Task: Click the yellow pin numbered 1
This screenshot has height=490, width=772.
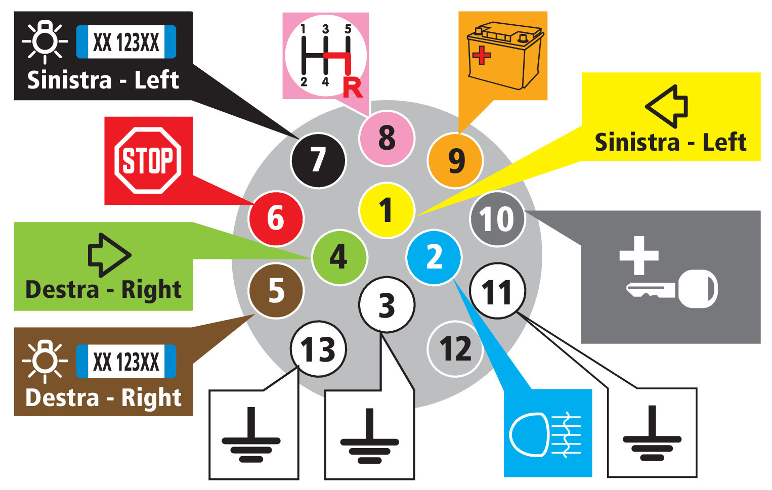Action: [x=387, y=210]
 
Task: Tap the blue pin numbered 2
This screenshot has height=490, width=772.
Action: [x=434, y=257]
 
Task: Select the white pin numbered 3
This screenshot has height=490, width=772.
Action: [x=387, y=305]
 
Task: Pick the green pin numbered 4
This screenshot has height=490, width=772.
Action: [x=339, y=257]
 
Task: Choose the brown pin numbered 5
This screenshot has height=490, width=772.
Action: [x=276, y=291]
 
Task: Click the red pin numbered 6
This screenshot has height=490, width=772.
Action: [x=276, y=218]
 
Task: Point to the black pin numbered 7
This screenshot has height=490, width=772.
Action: [x=318, y=160]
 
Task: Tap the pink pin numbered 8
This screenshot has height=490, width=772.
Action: [x=387, y=138]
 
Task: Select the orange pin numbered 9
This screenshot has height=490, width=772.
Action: [x=455, y=160]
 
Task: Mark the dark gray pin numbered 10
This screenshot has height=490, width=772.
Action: [x=498, y=218]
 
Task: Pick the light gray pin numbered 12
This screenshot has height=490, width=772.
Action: [x=455, y=349]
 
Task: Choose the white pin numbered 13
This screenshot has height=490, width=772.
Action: [x=318, y=349]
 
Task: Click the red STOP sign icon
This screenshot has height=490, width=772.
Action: [x=148, y=160]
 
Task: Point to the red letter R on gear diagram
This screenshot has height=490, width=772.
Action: [x=353, y=88]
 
